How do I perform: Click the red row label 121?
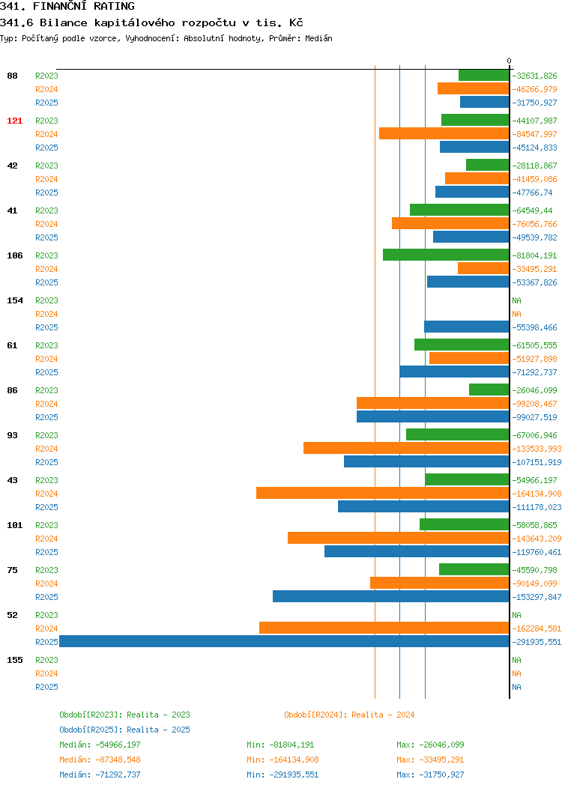coord(14,121)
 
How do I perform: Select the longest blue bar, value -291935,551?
coord(284,641)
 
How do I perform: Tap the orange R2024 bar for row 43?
coord(383,493)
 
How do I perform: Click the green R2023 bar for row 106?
coord(446,255)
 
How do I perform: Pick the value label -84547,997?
coord(534,134)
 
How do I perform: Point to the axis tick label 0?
coord(510,61)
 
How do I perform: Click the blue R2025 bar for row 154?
coord(467,327)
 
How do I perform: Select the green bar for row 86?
coord(489,390)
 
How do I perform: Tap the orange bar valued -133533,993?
coord(406,448)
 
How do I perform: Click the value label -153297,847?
coord(537,597)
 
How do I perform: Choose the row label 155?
coord(14,660)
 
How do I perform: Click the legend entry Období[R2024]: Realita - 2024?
coord(349,715)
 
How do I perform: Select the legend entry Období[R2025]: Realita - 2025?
coord(124,730)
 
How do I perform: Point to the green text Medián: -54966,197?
coord(100,745)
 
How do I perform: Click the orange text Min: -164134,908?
coord(282,760)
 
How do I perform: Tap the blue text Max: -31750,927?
coord(430,775)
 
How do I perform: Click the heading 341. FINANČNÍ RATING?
coord(67,6)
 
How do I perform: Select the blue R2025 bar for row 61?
coord(454,372)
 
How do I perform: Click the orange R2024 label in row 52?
coord(46,628)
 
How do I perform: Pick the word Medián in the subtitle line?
coord(318,38)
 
